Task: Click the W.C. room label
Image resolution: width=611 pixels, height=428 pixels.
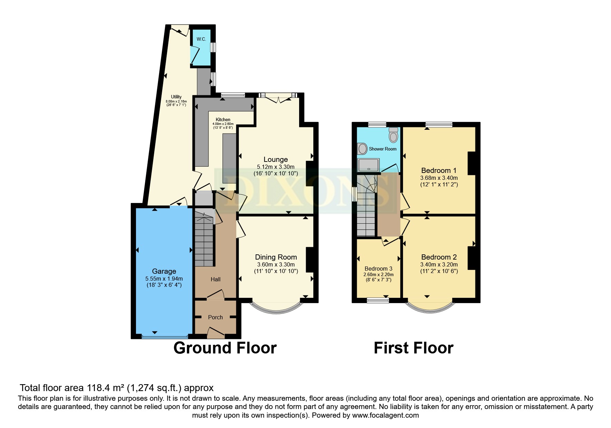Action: point(201,39)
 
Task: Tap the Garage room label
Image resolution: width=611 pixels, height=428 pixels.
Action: point(164,271)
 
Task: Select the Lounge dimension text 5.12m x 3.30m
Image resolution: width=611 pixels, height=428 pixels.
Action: point(275,167)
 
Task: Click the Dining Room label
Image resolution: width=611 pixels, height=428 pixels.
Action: point(276,257)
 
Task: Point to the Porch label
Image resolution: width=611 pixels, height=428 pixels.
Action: point(215,317)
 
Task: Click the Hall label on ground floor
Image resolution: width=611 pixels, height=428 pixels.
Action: point(216,279)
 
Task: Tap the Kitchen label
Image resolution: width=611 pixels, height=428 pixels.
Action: point(223,119)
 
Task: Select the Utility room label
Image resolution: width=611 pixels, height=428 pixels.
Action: point(176,97)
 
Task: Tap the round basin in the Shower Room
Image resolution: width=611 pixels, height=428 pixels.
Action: point(362,149)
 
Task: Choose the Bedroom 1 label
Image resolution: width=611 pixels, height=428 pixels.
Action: point(438,171)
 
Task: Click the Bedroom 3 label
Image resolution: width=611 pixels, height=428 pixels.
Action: point(378,269)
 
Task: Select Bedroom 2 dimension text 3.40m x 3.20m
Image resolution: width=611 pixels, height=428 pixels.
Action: point(438,264)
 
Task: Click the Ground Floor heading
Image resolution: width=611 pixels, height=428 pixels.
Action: point(225,348)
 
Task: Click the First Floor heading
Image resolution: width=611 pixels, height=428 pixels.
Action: point(413,348)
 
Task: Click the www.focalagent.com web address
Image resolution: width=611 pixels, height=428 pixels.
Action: point(385,415)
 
